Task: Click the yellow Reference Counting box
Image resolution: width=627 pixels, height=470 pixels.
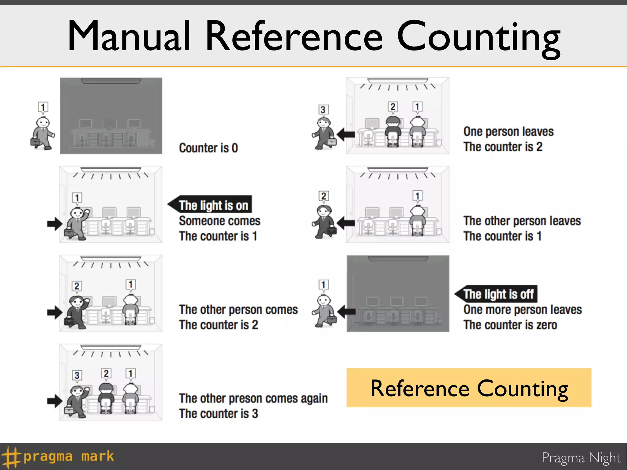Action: [x=469, y=388]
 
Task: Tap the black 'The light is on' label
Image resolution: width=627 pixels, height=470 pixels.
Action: [x=213, y=205]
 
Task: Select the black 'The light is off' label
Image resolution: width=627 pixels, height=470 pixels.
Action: [x=498, y=294]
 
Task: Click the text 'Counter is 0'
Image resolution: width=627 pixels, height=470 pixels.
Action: [x=208, y=148]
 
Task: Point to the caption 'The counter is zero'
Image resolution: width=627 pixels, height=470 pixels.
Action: [x=510, y=325]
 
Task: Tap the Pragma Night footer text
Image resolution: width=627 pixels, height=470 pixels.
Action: [x=581, y=458]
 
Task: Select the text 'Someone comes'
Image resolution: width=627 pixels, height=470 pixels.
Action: [x=220, y=221]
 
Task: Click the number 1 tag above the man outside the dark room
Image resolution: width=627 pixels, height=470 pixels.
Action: [x=43, y=107]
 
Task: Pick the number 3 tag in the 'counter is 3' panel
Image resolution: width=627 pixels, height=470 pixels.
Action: [x=77, y=375]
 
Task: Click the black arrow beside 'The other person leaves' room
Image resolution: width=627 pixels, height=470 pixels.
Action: [x=346, y=223]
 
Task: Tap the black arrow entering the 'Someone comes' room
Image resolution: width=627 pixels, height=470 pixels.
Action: [x=55, y=224]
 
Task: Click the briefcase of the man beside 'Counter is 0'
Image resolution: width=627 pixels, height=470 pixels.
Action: [x=35, y=142]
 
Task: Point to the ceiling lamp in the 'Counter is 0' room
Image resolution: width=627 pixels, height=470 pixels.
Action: [x=111, y=81]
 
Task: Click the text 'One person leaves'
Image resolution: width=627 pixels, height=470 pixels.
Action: [x=508, y=132]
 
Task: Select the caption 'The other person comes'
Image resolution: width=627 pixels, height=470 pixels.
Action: [x=238, y=310]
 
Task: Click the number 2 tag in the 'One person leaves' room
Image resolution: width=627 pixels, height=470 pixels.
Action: [x=393, y=106]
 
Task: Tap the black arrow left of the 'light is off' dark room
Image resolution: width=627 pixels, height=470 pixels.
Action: [x=347, y=312]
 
